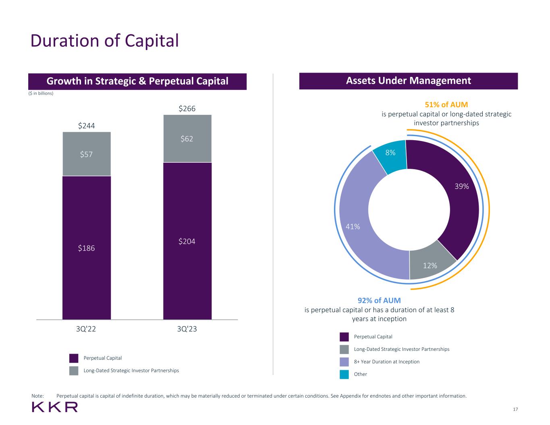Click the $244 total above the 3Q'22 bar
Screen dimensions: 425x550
point(86,126)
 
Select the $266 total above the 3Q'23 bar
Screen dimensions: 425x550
point(187,109)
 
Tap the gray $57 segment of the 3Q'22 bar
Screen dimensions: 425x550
point(86,154)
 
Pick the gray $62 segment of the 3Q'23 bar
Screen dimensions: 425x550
point(187,139)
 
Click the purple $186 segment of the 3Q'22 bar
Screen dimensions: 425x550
point(86,248)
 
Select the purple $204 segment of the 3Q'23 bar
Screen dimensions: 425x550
point(187,241)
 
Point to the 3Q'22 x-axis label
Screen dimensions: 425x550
point(86,329)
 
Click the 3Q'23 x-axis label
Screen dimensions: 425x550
point(187,329)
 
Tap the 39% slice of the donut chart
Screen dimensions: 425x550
point(455,189)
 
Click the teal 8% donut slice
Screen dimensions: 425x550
point(390,155)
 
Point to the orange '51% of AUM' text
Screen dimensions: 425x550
point(446,105)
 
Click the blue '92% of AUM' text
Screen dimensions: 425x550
point(379,301)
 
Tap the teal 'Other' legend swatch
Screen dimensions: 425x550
point(344,374)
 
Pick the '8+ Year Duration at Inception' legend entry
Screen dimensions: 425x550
point(386,362)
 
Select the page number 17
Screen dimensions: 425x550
point(515,409)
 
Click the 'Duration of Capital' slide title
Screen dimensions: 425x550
point(105,41)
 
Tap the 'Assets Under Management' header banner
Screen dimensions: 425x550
point(408,81)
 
